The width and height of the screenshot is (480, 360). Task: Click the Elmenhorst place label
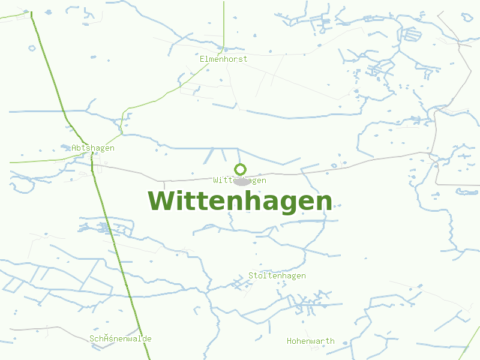[223, 59]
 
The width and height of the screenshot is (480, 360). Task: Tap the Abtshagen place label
[92, 148]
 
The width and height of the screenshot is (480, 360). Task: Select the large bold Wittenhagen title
[240, 201]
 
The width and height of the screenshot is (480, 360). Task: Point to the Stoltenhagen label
[277, 275]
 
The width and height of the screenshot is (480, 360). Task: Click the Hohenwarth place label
[310, 341]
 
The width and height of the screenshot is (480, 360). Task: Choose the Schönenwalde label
[120, 338]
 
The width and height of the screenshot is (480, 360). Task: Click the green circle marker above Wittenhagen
[240, 169]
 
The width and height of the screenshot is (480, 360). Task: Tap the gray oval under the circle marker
[242, 182]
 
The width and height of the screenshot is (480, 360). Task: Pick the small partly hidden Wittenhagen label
[239, 180]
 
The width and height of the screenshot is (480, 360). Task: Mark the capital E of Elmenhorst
[203, 59]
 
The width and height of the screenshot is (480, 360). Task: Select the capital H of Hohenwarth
[290, 341]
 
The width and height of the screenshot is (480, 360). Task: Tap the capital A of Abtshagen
[74, 148]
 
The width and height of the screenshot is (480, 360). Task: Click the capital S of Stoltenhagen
[251, 275]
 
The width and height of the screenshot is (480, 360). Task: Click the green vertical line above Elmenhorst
[224, 24]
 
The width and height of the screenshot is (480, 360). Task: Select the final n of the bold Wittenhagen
[324, 202]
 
